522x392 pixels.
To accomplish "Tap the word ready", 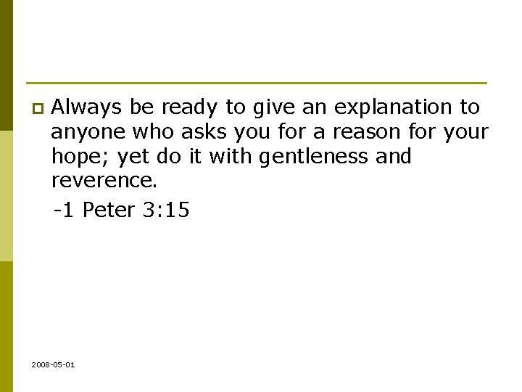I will click(190, 107).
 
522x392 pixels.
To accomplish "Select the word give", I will click(272, 107).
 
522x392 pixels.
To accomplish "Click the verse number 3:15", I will click(168, 211).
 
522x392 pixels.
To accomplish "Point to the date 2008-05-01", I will click(53, 364).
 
